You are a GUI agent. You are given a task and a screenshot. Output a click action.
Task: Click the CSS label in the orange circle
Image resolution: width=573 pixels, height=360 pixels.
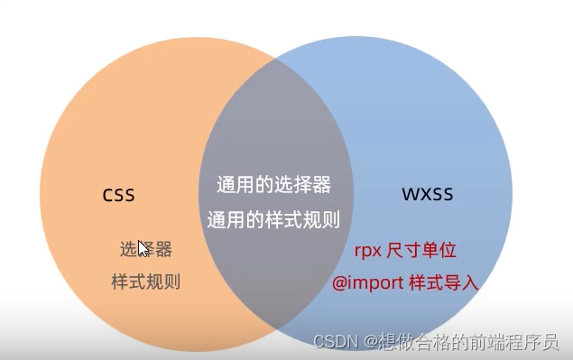118,195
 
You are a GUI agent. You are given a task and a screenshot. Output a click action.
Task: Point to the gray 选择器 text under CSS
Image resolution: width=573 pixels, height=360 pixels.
145,249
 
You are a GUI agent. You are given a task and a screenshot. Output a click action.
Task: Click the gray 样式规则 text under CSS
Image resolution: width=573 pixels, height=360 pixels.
145,282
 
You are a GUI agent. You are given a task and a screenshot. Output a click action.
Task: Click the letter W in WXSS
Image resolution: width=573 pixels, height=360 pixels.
407,194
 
